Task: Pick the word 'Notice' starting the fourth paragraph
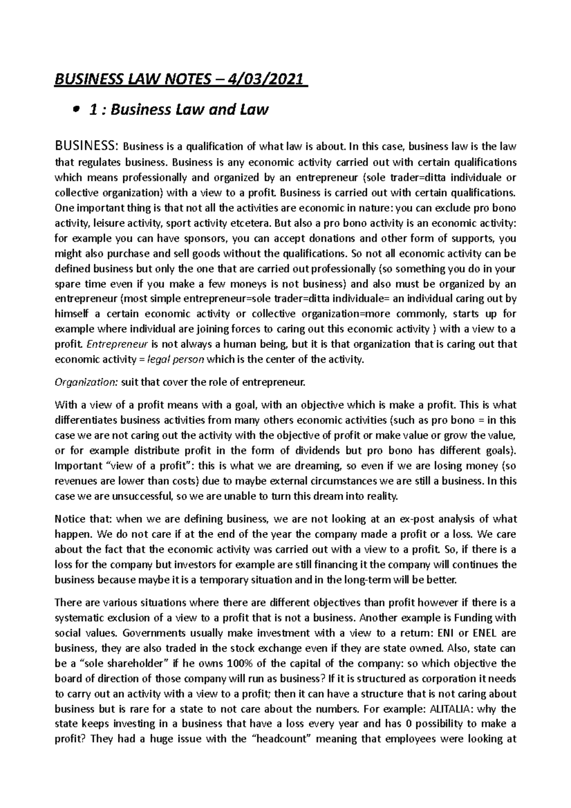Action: (71, 519)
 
